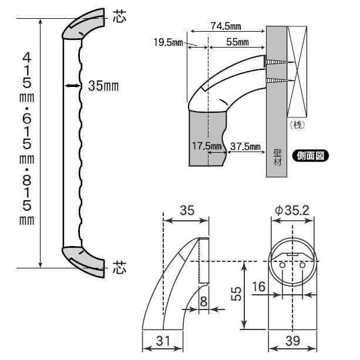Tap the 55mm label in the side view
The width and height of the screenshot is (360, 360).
(236, 42)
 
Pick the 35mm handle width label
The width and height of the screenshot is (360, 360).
(103, 86)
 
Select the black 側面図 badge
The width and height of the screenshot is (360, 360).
(311, 156)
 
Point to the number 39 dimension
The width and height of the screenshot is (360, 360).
(292, 341)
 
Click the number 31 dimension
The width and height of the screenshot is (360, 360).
(164, 341)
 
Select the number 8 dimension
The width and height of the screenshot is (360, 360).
(203, 302)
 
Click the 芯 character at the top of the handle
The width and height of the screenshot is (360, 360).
(119, 18)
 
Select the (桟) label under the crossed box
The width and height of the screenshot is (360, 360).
(299, 125)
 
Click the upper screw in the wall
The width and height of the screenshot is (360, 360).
(276, 61)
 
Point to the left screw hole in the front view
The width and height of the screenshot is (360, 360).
(282, 265)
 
